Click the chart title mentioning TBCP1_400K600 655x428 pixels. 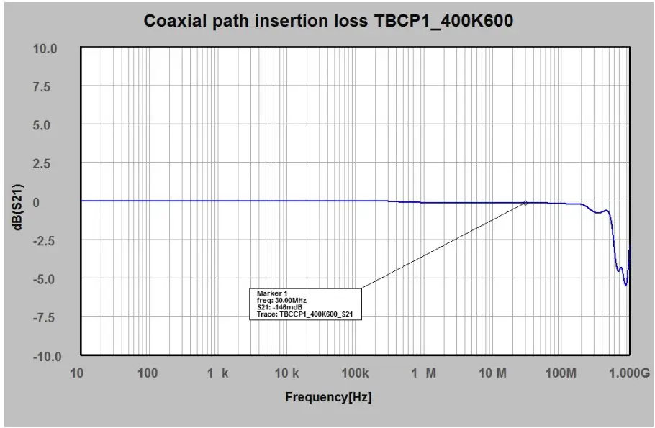pos(329,21)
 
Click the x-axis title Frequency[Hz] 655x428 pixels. pos(328,396)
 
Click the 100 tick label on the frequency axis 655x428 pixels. pos(148,373)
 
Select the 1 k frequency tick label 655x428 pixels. pos(217,373)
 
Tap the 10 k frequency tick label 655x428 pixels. pos(286,373)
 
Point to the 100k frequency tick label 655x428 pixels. pos(355,373)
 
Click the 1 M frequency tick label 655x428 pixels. pos(425,373)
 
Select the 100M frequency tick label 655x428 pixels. pos(561,373)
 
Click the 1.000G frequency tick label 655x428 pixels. pos(628,373)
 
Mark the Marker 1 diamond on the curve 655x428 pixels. pos(525,203)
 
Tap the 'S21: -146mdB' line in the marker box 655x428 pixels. pos(279,308)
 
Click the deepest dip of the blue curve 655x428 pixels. pos(625,285)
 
